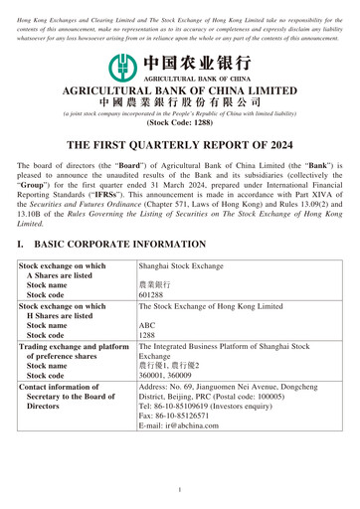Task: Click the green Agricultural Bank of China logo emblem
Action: tap(121, 66)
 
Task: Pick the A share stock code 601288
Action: tap(151, 295)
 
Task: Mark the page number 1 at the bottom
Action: tap(179, 490)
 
